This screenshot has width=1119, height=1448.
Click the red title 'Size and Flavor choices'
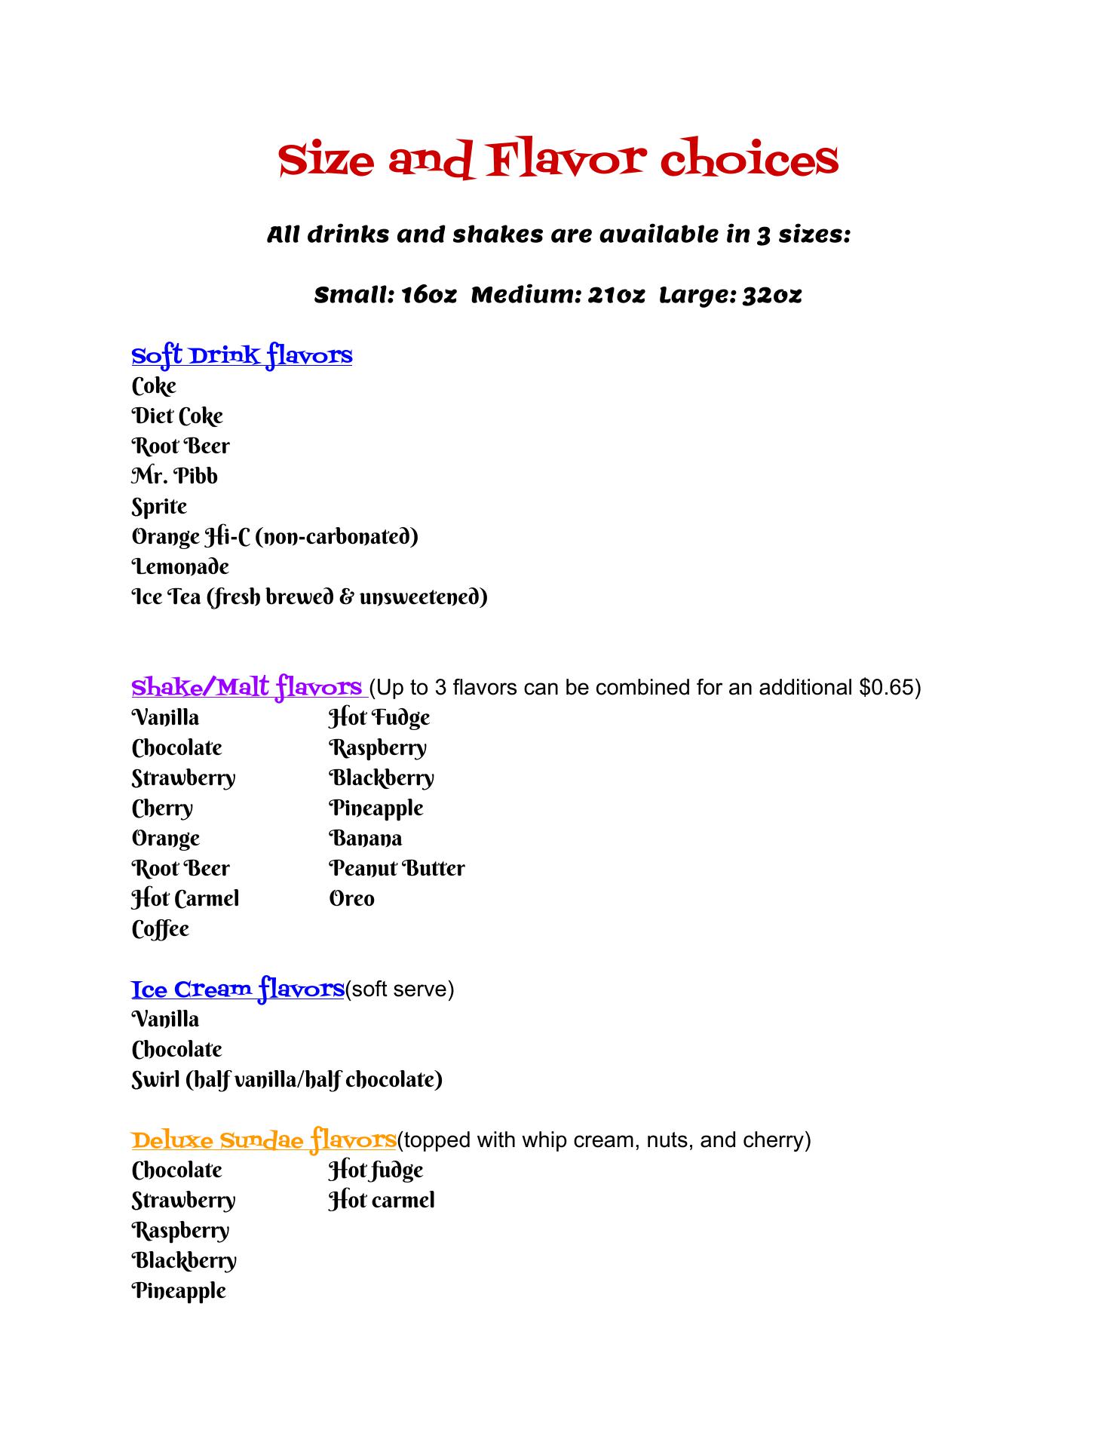(x=558, y=159)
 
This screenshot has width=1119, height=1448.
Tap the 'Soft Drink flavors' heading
(x=241, y=355)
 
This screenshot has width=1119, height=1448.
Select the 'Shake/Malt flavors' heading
(x=247, y=687)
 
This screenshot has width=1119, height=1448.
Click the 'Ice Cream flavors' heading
(x=238, y=989)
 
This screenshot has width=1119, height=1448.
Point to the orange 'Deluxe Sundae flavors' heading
(x=264, y=1140)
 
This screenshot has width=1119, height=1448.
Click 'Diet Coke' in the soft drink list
(x=177, y=416)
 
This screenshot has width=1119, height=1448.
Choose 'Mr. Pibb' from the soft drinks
(x=174, y=477)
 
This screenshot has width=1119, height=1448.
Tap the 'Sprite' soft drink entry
(x=159, y=507)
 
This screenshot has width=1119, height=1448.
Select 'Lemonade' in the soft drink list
(x=180, y=567)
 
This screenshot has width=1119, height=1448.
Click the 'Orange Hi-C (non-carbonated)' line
(x=274, y=537)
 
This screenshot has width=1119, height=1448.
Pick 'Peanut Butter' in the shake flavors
(x=397, y=869)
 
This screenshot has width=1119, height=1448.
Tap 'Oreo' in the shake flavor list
(x=351, y=899)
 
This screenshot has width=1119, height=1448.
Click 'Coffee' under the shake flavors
(x=160, y=929)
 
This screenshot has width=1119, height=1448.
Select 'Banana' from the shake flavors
(x=366, y=839)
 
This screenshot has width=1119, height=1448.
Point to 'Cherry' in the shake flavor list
(x=162, y=808)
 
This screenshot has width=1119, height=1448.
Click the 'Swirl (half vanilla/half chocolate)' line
(x=287, y=1080)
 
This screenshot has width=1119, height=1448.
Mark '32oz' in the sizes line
(x=771, y=295)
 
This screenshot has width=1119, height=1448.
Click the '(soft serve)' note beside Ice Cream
(x=400, y=989)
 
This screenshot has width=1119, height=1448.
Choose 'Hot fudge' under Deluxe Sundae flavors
(x=376, y=1170)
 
